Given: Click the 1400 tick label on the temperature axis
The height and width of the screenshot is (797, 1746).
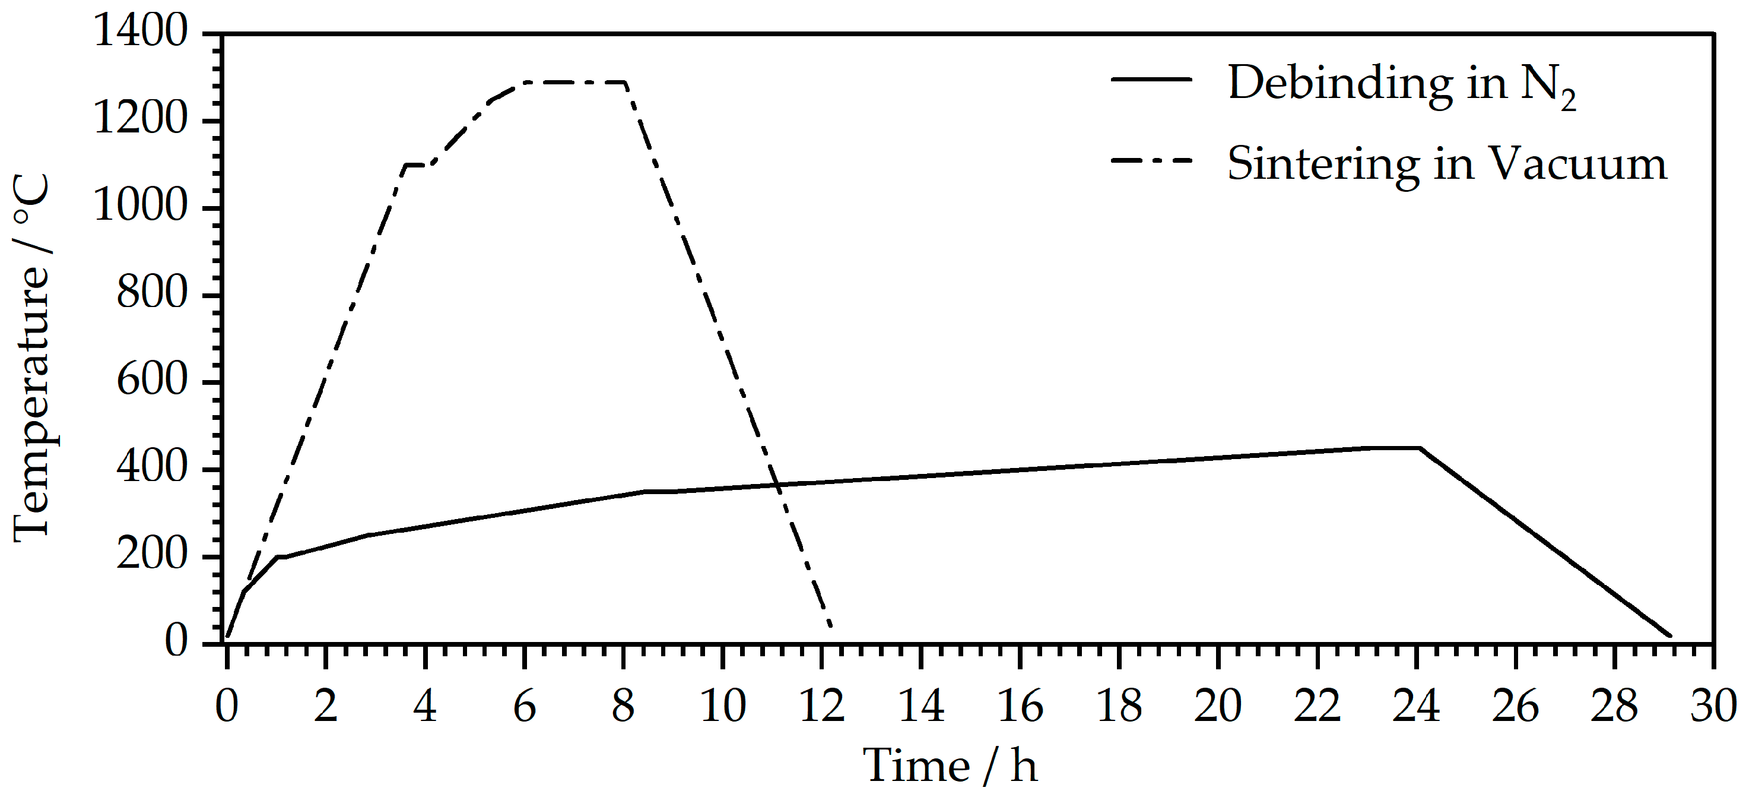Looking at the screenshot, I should pos(139,31).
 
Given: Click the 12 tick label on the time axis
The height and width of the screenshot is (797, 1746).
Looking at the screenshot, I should pos(822,706).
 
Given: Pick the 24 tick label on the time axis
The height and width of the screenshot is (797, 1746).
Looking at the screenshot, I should pos(1417,706).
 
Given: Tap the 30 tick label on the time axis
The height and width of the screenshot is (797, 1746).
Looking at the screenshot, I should pos(1713,706).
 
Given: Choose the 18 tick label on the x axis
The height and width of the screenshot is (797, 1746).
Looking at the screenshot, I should pos(1119,706).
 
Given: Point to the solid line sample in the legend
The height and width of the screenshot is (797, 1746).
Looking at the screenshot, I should pos(1151,80).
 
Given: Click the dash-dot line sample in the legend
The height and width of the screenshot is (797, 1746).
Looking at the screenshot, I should pos(1151,162).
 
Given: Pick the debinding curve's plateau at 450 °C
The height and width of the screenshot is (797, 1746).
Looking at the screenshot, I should pos(1392,448).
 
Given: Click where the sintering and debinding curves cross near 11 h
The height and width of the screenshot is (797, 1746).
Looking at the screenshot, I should pos(778,485).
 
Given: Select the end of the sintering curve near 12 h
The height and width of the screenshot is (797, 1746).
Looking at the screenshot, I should pos(830,625).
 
